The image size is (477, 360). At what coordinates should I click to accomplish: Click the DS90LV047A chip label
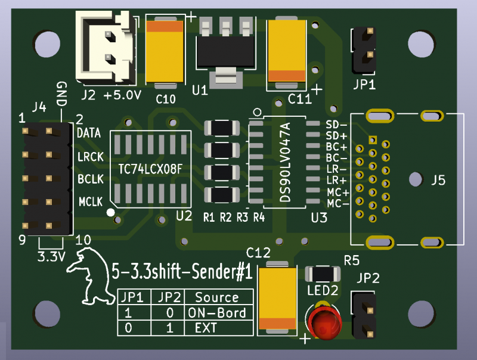point(285,162)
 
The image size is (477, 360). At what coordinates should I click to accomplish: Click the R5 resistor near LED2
point(323,274)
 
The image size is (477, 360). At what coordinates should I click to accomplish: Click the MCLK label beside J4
point(91,201)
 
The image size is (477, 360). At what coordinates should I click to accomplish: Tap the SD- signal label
point(337,125)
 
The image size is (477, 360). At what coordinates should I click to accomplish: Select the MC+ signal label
point(337,192)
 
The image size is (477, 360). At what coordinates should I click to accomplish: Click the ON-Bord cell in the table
point(216,313)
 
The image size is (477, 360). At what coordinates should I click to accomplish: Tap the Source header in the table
point(216,297)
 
